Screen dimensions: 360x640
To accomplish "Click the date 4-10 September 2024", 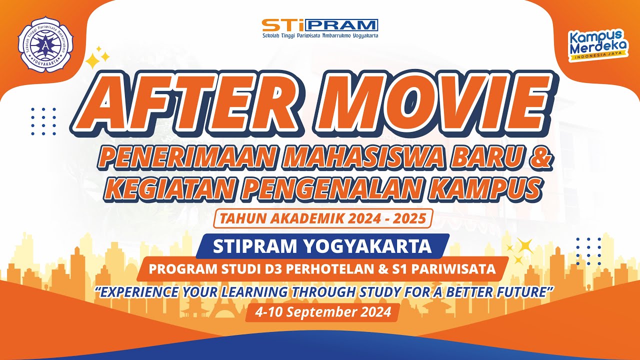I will tap(322, 312).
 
